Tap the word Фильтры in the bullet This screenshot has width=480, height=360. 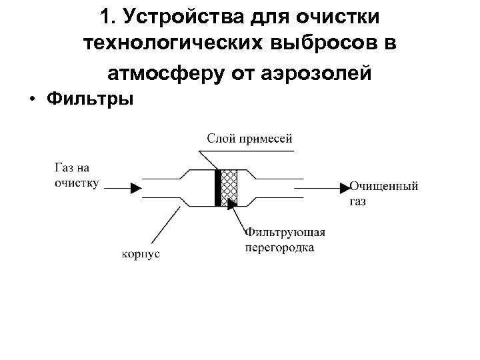(x=91, y=99)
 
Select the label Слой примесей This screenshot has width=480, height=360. (x=249, y=139)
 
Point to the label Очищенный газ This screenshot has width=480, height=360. (x=383, y=193)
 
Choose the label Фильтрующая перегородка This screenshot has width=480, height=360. (x=285, y=239)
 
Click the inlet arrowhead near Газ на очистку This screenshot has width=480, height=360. (x=135, y=189)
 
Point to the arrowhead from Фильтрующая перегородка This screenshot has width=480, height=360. (x=233, y=203)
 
